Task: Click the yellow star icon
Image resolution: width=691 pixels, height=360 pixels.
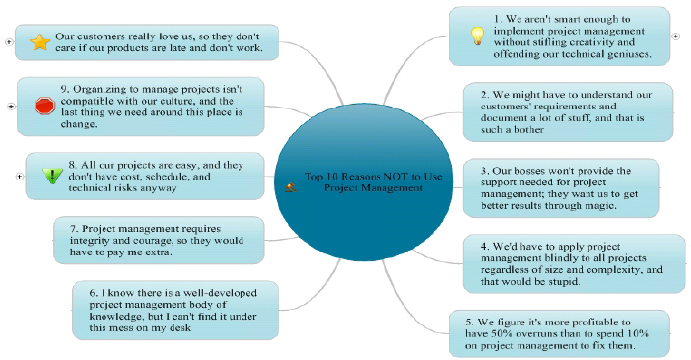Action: (39, 41)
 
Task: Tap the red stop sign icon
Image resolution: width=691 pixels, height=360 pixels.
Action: (43, 106)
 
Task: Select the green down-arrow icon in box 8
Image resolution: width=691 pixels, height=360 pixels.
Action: (52, 176)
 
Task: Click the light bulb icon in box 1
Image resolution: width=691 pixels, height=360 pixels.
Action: (477, 36)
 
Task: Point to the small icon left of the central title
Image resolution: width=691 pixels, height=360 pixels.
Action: (291, 185)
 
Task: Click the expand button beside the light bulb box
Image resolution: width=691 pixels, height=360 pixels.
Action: (675, 36)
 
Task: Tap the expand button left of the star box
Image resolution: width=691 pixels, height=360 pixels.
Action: (8, 42)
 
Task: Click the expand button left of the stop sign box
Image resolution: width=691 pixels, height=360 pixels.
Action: (10, 106)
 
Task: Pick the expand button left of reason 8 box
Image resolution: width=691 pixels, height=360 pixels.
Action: (18, 176)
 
